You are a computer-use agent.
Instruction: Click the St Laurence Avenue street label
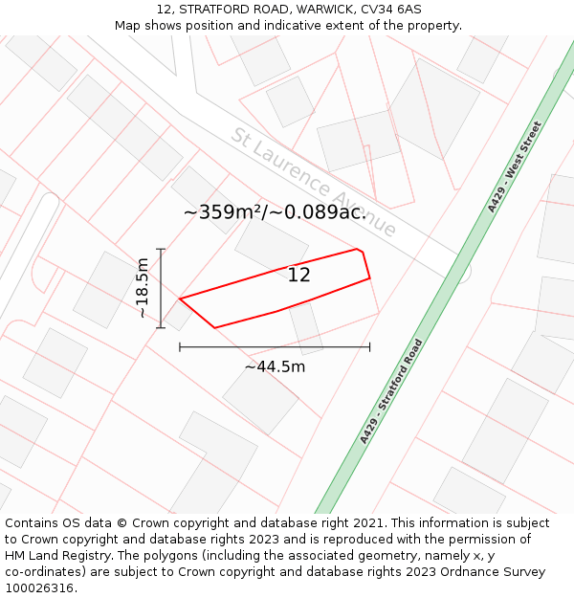click(x=313, y=182)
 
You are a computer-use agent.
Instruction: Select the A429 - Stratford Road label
click(x=391, y=391)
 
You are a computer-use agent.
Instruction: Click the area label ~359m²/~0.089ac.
click(x=276, y=212)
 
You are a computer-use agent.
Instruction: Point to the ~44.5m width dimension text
click(x=275, y=366)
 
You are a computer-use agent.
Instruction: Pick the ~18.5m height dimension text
click(x=142, y=288)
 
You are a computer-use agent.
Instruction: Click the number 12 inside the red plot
click(x=299, y=276)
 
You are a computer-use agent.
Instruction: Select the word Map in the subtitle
click(x=129, y=25)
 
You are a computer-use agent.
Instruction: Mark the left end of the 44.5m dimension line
click(x=180, y=347)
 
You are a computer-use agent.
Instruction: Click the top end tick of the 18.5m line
click(x=162, y=250)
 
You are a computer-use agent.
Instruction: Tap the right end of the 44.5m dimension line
click(x=369, y=347)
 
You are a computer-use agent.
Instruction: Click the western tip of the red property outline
click(x=180, y=299)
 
